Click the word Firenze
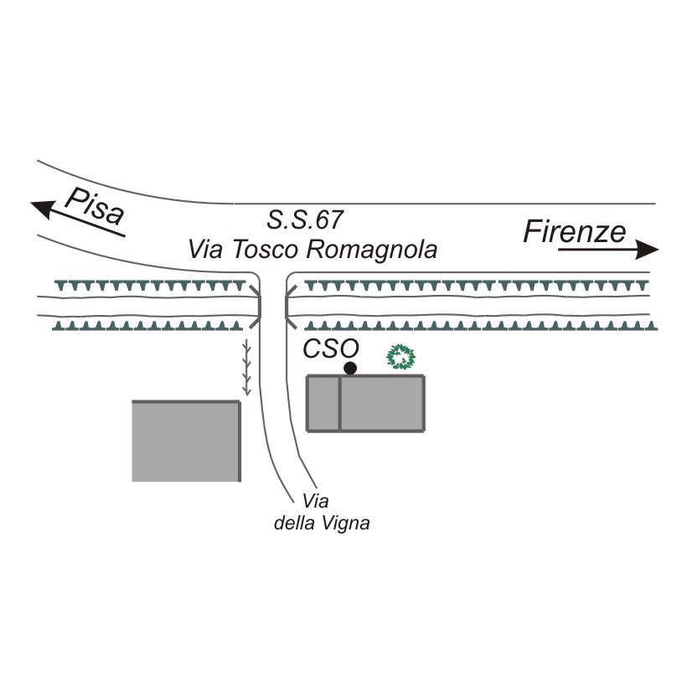coord(575,231)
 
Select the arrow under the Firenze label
coord(608,250)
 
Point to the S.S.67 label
coord(305,221)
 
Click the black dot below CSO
coord(350,368)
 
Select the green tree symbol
coord(401,358)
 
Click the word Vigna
coord(347,524)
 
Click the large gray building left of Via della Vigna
coord(187,442)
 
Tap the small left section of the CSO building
coord(323,404)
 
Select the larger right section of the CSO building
coord(382,404)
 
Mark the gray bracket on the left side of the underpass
coord(256,303)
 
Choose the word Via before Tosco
coord(205,250)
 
